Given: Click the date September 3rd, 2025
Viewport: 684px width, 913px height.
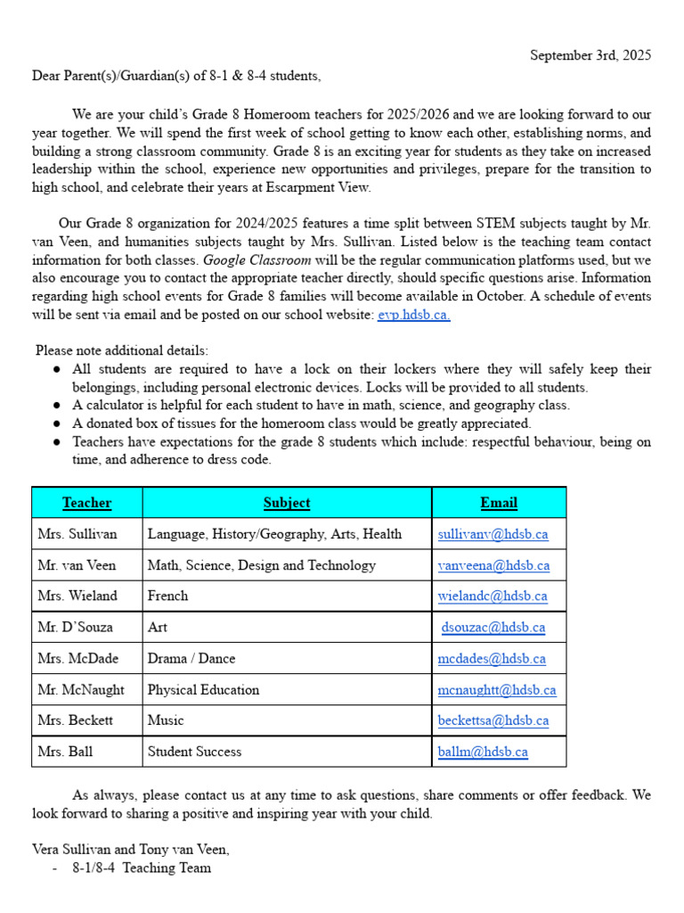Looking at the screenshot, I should click(590, 55).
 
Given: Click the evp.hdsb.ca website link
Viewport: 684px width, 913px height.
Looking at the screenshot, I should click(413, 316).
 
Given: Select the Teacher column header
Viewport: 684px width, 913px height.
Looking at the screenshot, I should click(86, 503).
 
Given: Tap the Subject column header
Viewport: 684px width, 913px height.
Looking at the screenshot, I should click(287, 503).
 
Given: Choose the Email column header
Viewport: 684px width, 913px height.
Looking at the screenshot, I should click(499, 503).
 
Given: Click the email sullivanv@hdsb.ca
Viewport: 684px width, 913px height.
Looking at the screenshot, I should click(493, 534).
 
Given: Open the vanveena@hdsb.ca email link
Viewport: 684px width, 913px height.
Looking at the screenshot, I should click(493, 565).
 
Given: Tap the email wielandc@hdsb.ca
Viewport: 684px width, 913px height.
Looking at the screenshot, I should click(493, 596).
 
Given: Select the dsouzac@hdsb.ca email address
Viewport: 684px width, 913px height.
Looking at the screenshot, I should click(493, 627).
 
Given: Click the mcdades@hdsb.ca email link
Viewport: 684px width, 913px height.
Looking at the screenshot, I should click(492, 659).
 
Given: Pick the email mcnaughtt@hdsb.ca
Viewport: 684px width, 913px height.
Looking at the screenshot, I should click(497, 689).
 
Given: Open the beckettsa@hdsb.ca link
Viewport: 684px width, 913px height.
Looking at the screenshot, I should click(493, 720).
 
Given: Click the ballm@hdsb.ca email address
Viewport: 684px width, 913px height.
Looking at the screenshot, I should click(483, 752).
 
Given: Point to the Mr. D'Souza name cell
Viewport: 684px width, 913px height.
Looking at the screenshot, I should click(76, 627).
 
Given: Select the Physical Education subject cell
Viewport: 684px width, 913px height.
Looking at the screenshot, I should click(203, 689).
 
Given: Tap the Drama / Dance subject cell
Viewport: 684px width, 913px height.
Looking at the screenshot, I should click(191, 659).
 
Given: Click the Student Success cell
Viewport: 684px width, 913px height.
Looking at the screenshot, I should click(194, 752).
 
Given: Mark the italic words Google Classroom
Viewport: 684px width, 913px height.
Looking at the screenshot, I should click(257, 260).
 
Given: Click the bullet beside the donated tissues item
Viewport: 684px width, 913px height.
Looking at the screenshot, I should click(56, 424).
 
